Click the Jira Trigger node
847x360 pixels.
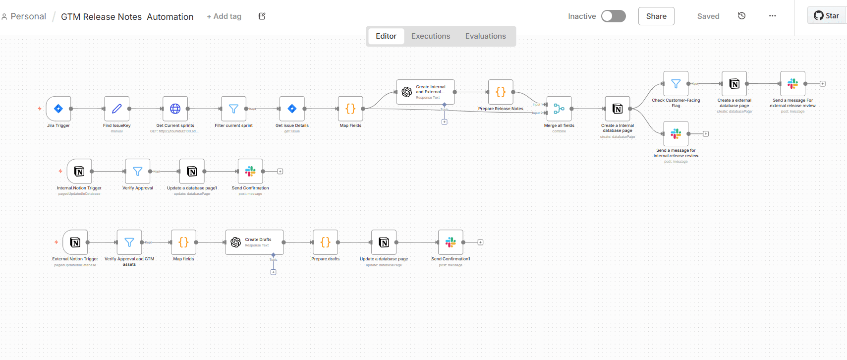58,109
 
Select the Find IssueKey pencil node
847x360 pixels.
117,109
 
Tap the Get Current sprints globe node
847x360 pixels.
175,109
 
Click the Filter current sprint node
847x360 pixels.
233,109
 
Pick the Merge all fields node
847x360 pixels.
559,109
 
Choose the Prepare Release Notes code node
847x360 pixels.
501,92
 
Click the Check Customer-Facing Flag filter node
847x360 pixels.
676,84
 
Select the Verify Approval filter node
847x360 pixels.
138,172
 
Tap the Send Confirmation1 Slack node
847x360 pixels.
451,242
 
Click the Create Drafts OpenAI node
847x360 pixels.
254,242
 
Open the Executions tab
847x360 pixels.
431,36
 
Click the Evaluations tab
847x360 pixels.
485,36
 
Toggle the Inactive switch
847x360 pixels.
613,16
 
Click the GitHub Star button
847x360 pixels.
826,16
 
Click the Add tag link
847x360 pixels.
224,16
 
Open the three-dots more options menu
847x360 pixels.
772,16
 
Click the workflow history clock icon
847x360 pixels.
741,16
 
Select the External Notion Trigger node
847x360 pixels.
75,242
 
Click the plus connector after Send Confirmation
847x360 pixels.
280,172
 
